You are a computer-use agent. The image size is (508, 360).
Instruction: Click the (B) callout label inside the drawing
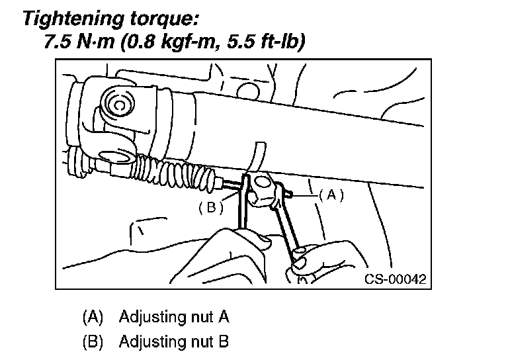point(211,208)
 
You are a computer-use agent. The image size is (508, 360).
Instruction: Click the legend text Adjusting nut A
point(174,316)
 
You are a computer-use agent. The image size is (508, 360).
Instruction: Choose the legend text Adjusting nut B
point(174,342)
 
